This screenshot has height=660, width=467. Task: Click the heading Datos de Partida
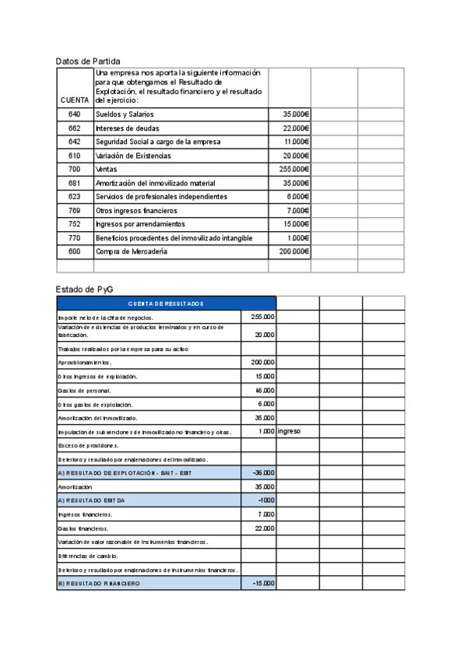click(88, 61)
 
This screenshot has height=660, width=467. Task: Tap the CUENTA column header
click(74, 100)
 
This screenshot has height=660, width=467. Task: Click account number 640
click(74, 114)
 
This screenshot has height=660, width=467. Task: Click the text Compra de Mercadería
click(131, 251)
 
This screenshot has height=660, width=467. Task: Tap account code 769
click(74, 210)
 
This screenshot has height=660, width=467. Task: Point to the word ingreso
click(289, 431)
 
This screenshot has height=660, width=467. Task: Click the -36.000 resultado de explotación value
click(262, 472)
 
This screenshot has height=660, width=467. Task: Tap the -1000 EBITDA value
click(265, 500)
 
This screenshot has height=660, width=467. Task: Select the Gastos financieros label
click(84, 528)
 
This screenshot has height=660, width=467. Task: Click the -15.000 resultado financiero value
click(262, 584)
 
